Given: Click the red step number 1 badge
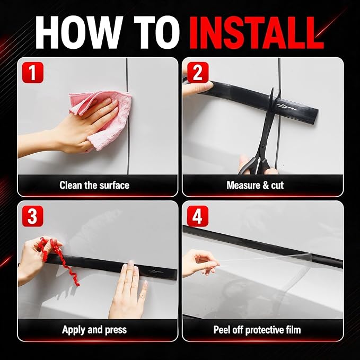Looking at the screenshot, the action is (32, 73).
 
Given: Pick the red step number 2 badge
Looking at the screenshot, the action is (198, 73).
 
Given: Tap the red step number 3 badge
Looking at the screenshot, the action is (32, 216).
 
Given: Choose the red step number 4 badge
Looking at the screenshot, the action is (198, 216).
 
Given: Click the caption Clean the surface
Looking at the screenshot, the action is (94, 185).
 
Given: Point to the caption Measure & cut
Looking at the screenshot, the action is (255, 185).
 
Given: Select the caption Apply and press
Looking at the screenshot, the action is (94, 330).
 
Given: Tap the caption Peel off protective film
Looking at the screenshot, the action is (257, 330).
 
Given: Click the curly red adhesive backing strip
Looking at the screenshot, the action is (60, 257).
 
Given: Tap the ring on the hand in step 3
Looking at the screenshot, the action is (142, 296).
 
